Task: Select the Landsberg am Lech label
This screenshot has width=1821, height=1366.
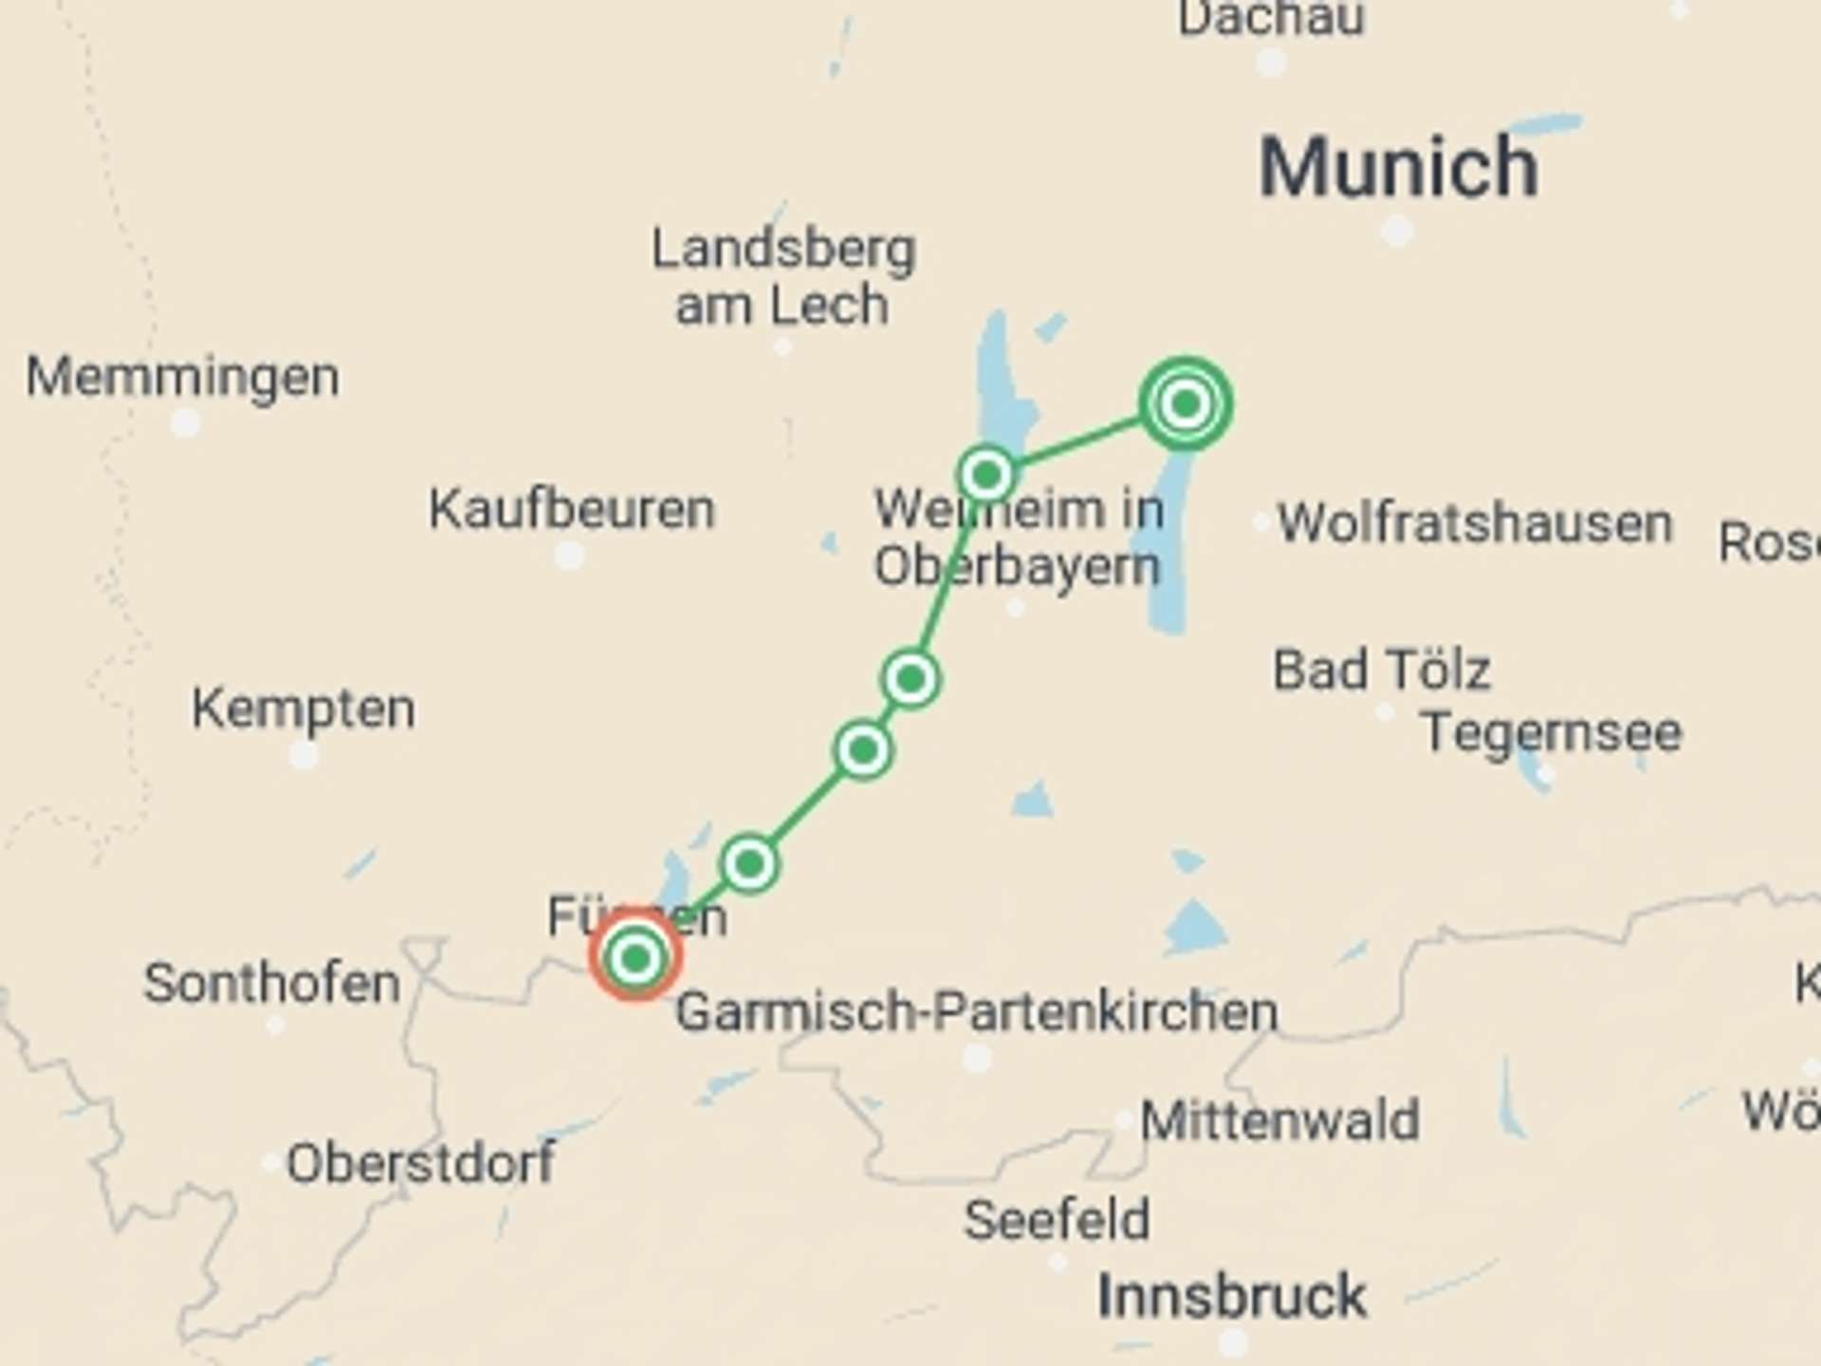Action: coord(783,277)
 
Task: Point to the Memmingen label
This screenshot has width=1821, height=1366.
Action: coord(182,377)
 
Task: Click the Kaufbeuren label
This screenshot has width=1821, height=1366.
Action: coord(571,509)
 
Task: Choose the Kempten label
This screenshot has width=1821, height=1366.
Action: coord(303,709)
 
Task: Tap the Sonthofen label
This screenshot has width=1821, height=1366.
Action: coord(271,983)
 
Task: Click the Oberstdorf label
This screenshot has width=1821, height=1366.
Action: coord(421,1163)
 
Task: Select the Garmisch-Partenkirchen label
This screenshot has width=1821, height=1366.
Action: coord(977,1011)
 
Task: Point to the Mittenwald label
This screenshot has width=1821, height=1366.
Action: coord(1279,1120)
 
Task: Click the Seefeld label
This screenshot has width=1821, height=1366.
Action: coord(1057,1220)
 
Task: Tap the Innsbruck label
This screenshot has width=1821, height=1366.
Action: coord(1232,1296)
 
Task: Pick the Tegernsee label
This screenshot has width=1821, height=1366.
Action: coord(1552,732)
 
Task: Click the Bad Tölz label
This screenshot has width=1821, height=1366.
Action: coord(1381,670)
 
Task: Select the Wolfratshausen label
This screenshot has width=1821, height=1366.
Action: coord(1475,524)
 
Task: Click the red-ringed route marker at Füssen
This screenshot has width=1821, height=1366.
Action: coord(635,957)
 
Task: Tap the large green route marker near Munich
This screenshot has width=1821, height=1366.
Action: coord(1186,404)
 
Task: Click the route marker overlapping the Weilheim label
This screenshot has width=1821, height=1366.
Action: coord(986,473)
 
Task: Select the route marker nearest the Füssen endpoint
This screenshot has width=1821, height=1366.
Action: coord(749,863)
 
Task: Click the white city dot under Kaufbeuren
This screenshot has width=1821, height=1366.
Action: coord(569,555)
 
